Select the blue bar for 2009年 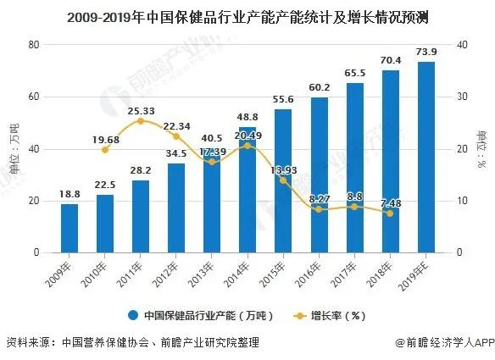coord(69,228)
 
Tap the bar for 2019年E coord(426,158)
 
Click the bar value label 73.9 coord(426,52)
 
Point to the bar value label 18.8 coord(69,194)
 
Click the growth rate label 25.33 coord(141,111)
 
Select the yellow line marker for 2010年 coord(105,150)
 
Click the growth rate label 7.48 coord(391,202)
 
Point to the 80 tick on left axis coord(35,44)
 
